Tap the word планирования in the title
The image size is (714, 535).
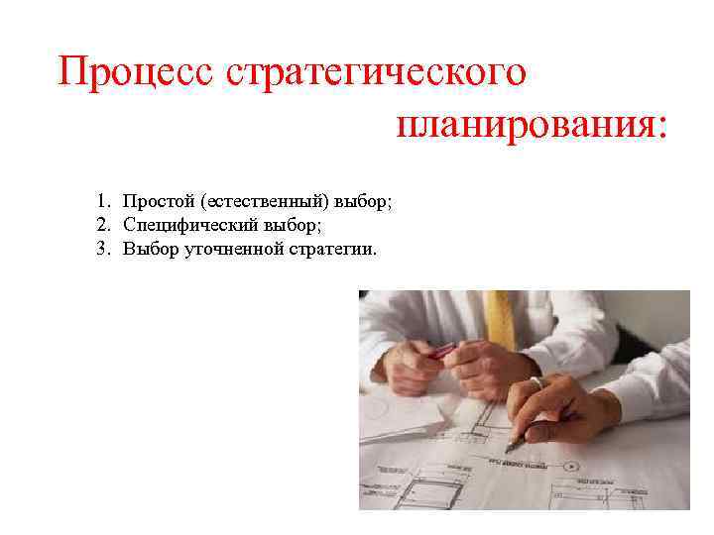[524, 125]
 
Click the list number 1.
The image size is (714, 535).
[102, 202]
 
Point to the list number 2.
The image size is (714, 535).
[102, 225]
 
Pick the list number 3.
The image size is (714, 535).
[102, 248]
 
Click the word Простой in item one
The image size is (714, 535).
[158, 202]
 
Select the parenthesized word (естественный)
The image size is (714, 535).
[264, 202]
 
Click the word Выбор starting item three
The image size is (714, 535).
[151, 248]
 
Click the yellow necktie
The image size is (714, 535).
[503, 317]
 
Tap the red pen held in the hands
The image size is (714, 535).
[441, 352]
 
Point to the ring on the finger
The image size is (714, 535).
[535, 381]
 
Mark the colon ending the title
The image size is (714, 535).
[661, 127]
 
